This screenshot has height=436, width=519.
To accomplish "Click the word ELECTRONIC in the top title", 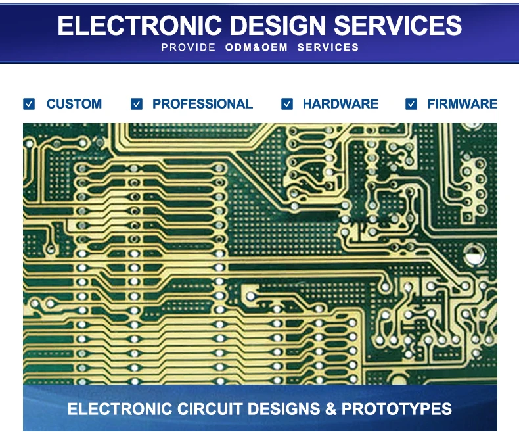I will [x=140, y=25].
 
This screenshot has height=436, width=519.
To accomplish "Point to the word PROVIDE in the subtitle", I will [x=188, y=47].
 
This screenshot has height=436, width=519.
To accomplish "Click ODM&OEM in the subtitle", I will [x=256, y=47].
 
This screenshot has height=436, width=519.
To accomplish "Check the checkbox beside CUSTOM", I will [x=29, y=104].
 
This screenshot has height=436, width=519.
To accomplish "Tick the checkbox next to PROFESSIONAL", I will [x=137, y=104].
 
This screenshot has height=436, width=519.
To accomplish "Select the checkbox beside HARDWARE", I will [x=287, y=104].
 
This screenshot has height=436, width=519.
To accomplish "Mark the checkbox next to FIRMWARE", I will [x=411, y=104].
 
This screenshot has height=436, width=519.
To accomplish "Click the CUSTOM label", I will [x=74, y=104].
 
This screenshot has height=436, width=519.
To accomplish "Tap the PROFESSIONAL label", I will [x=202, y=104].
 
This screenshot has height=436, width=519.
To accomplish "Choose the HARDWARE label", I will [x=340, y=104].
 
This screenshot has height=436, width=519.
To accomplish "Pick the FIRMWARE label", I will [x=463, y=104].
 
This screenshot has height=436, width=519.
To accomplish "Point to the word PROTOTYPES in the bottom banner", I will [x=396, y=409].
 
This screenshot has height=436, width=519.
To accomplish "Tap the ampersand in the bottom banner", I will [x=332, y=409].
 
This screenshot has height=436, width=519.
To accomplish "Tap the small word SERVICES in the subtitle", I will [x=328, y=47].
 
